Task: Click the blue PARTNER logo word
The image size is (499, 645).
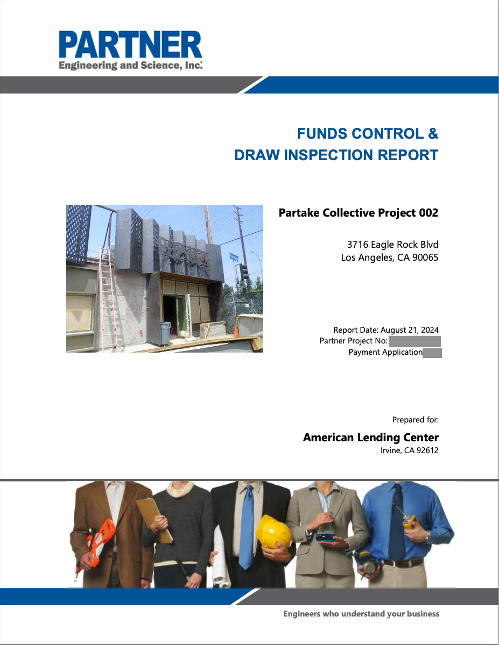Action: click(x=130, y=45)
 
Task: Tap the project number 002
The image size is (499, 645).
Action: click(x=428, y=212)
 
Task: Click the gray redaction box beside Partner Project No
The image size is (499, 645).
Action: click(x=414, y=342)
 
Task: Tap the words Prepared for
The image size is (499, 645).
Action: click(x=415, y=420)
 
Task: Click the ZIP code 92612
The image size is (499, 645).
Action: click(x=427, y=450)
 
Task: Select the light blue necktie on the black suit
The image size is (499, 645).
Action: click(x=247, y=527)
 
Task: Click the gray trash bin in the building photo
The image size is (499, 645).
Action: click(x=166, y=333)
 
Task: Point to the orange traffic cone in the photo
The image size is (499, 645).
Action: click(x=236, y=332)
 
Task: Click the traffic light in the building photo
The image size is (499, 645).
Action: click(x=244, y=271)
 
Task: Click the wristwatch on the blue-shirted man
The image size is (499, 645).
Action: click(x=428, y=536)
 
